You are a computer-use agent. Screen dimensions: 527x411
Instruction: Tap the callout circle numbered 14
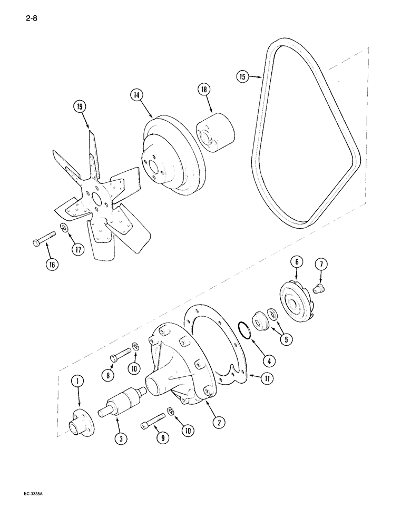coord(136,95)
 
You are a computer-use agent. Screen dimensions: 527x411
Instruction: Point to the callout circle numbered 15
coord(242,77)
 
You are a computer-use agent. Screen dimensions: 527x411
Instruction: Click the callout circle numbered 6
coord(297,262)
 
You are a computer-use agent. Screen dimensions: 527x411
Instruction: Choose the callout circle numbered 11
coord(253,377)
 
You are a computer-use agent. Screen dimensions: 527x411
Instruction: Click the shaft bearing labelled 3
coord(124,422)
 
